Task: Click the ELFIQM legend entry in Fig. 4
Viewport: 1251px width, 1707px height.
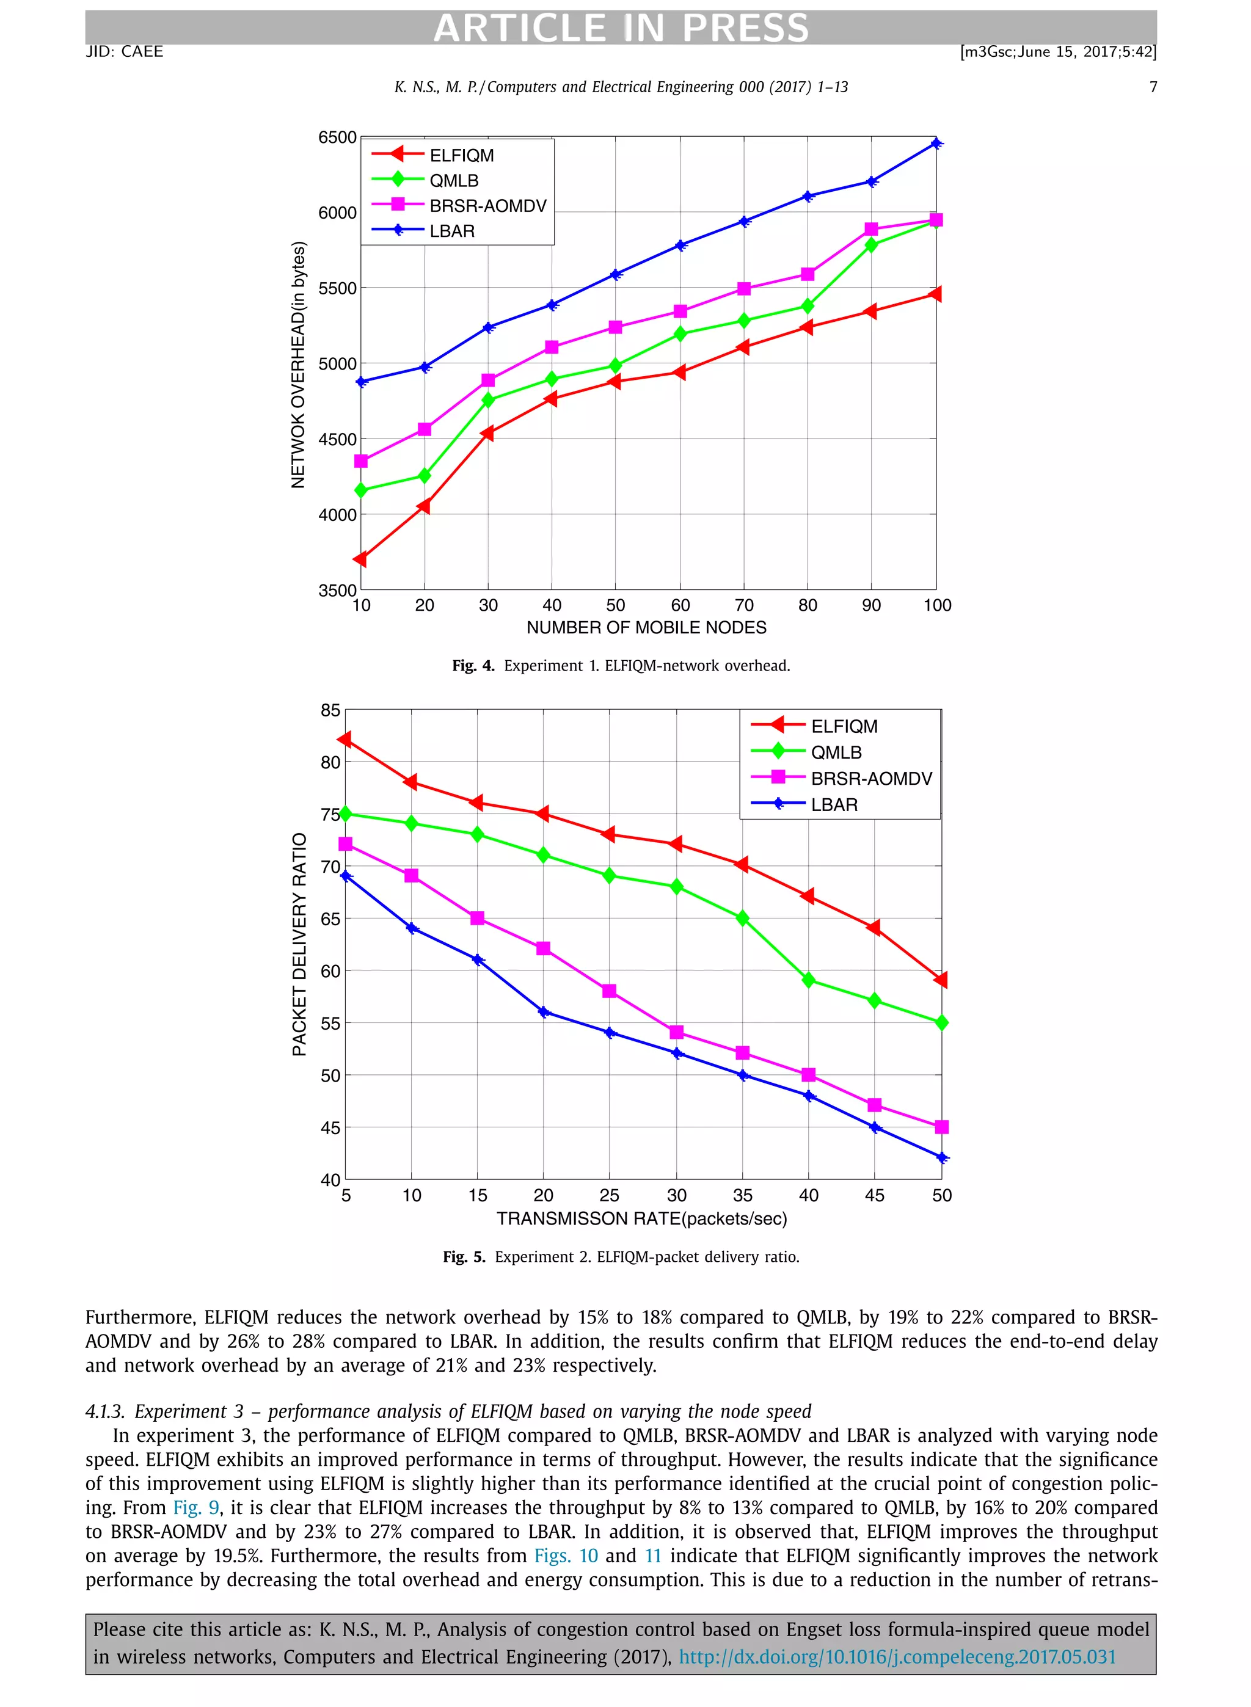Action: (461, 155)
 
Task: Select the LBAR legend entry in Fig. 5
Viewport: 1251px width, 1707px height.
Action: (834, 805)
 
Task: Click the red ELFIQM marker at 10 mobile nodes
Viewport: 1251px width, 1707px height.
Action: (360, 559)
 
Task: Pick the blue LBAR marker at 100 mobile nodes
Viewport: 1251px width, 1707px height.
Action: (937, 143)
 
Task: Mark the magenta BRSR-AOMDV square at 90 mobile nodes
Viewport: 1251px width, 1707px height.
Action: (872, 230)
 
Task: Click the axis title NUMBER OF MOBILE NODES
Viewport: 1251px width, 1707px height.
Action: (646, 628)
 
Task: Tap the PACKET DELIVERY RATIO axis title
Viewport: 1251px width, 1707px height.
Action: (300, 944)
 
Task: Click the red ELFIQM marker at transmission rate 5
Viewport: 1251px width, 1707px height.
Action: (345, 739)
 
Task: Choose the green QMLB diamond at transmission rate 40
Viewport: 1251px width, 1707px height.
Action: (809, 980)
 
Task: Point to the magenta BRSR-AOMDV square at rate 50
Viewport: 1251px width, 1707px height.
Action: (942, 1127)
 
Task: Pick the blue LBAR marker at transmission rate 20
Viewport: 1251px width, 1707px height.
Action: (544, 1012)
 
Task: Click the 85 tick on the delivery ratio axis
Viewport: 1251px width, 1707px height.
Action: (330, 710)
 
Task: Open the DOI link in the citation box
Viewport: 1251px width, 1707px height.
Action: (897, 1657)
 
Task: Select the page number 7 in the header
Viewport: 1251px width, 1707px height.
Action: (1153, 87)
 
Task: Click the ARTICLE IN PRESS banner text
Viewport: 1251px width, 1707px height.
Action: (621, 28)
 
